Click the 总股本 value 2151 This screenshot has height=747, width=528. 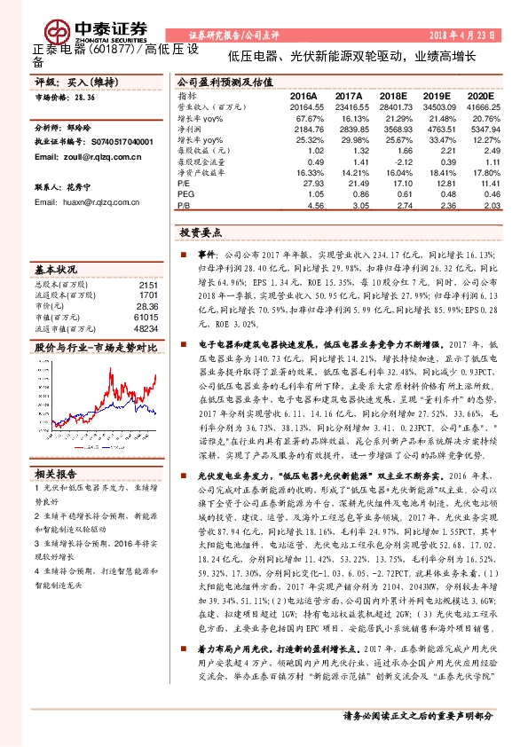click(148, 284)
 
